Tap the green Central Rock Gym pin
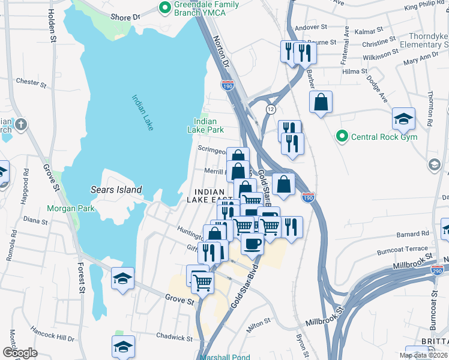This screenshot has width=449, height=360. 342,137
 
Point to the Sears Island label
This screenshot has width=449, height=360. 116,190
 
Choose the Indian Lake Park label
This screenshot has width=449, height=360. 205,125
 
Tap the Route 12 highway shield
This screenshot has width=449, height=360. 271,108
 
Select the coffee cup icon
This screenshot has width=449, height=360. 252,242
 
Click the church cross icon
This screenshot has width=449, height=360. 20,125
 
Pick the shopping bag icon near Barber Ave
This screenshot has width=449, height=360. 321,101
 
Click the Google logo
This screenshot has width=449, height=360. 20,352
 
